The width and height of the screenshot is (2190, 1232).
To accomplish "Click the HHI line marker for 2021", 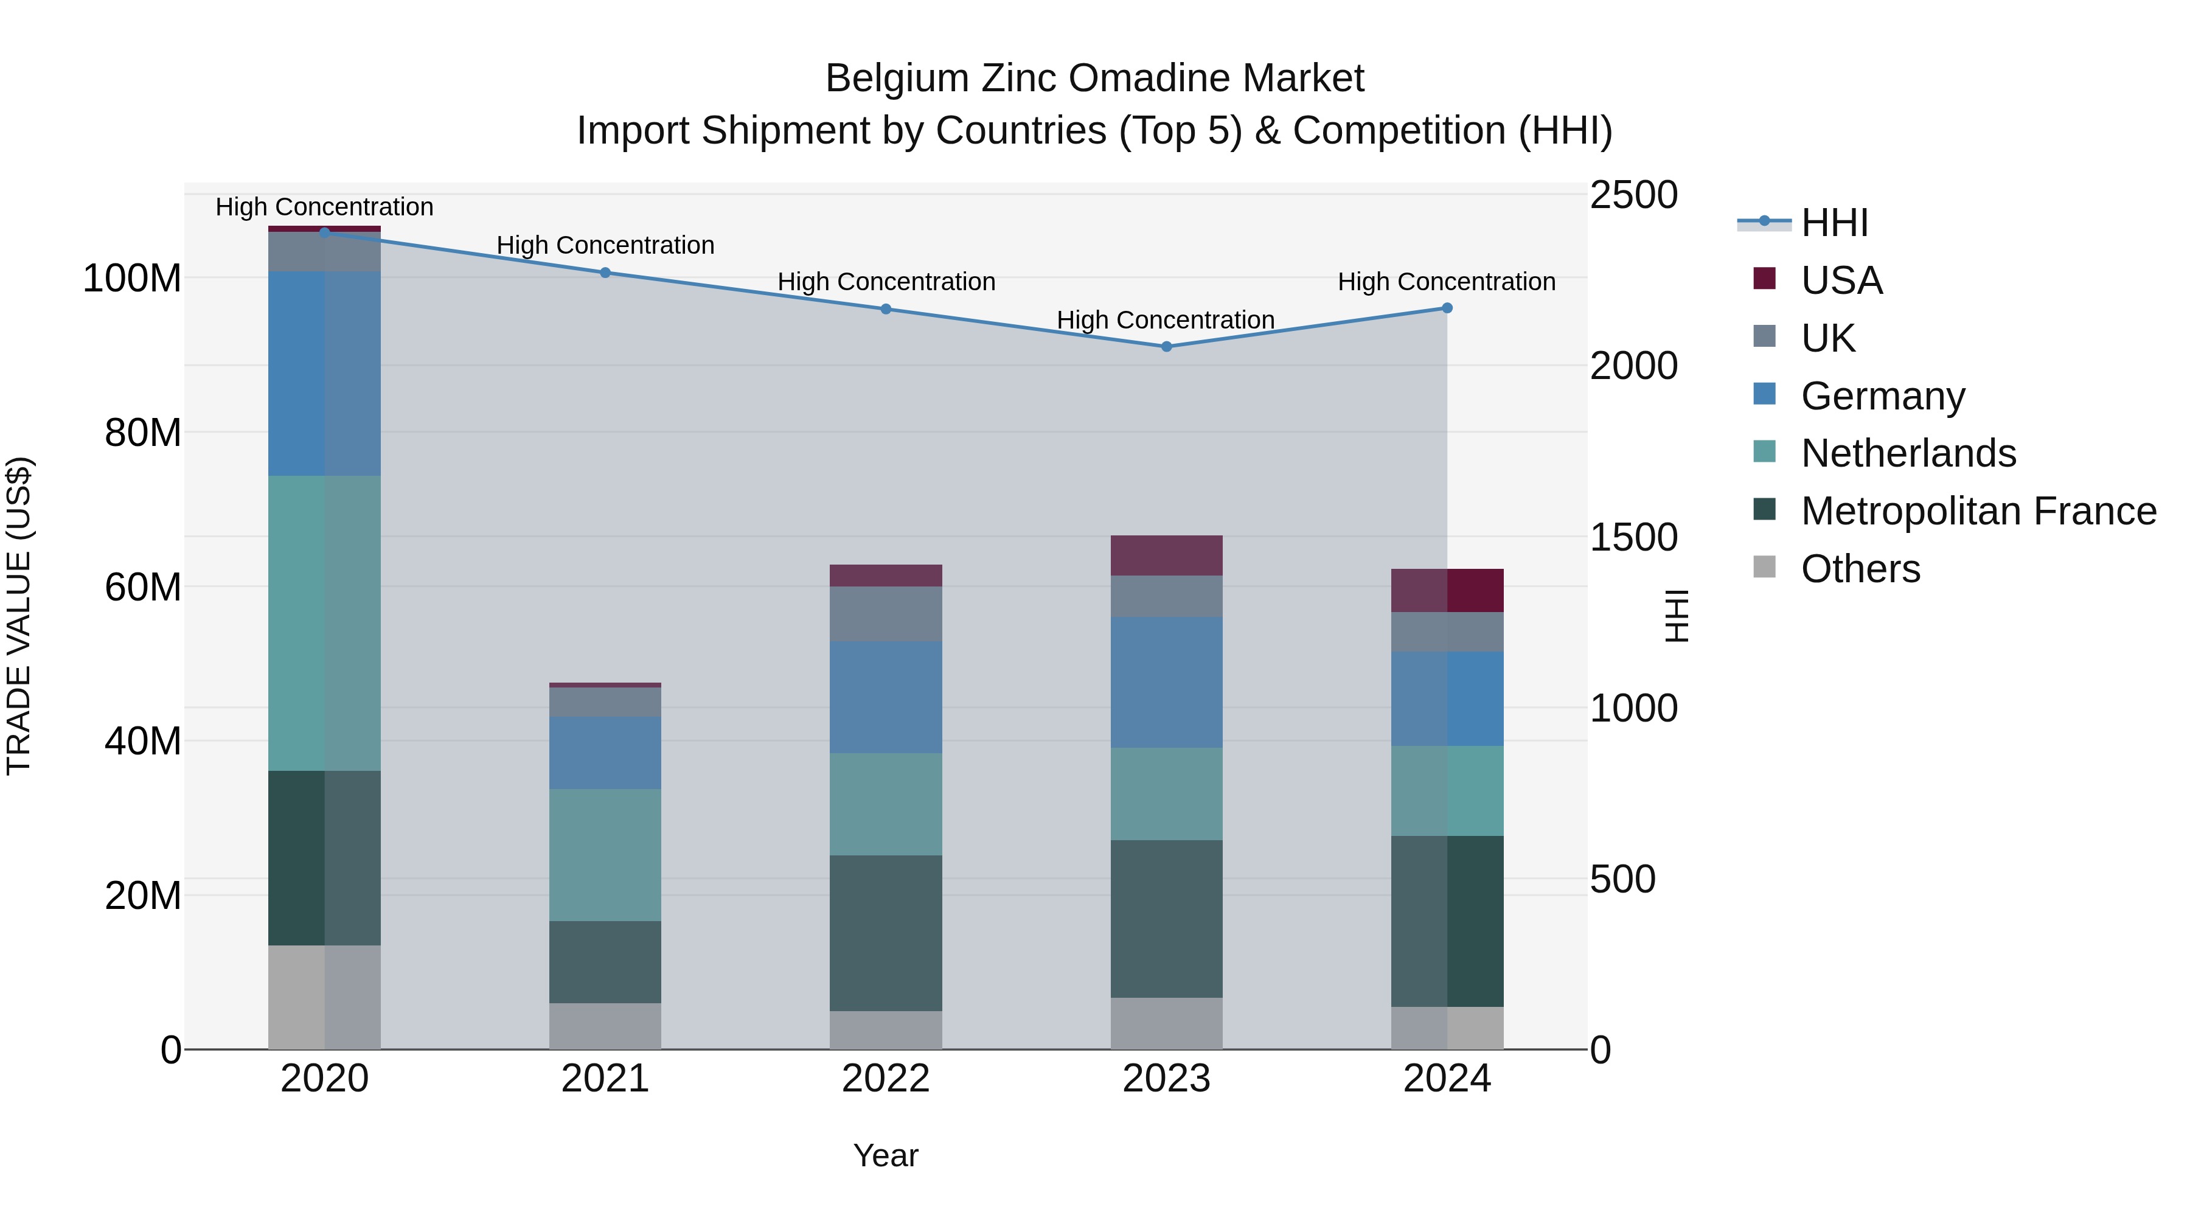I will (x=605, y=273).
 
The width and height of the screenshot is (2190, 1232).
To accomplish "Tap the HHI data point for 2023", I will (x=1166, y=347).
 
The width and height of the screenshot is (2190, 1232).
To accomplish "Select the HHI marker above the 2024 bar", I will (x=1447, y=308).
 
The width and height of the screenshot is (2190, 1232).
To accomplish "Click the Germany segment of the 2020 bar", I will (x=324, y=374).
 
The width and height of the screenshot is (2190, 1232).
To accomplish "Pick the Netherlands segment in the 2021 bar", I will (x=605, y=855).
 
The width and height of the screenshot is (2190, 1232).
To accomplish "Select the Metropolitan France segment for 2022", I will (x=886, y=933).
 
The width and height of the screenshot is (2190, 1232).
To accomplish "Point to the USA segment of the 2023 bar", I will (x=1166, y=555).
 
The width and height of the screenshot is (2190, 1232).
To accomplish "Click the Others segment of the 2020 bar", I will (x=324, y=997).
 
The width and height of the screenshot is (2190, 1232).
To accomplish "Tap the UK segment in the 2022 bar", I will (x=886, y=613).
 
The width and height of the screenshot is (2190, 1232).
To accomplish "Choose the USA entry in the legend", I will (x=1841, y=280).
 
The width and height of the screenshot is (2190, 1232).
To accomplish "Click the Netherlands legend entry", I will (x=1908, y=453).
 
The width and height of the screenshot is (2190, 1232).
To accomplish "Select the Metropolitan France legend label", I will (x=1978, y=511).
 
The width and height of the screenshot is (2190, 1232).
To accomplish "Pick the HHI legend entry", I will (x=1834, y=223).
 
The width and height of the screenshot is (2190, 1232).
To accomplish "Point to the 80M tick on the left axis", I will (x=143, y=433).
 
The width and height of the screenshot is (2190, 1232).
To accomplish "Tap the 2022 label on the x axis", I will (x=886, y=1079).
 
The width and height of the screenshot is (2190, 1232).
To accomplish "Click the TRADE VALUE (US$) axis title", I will (x=19, y=616).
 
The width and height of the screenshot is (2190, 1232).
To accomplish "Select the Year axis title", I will (x=886, y=1155).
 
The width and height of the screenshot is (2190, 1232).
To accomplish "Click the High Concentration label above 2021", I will (x=605, y=245).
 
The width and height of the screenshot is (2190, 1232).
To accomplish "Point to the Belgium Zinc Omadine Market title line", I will (x=1094, y=78).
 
